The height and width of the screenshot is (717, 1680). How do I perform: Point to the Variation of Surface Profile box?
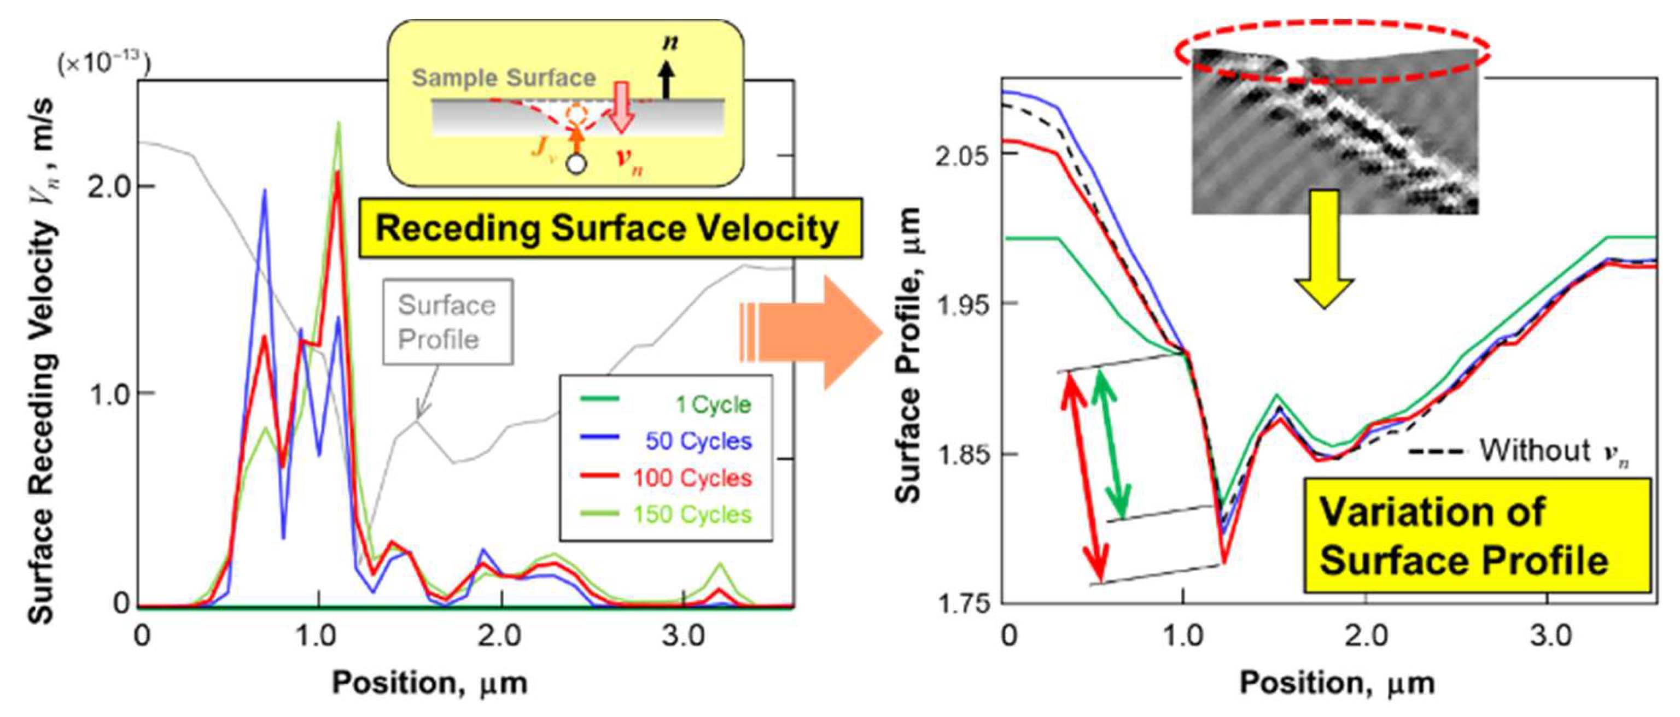click(x=1477, y=536)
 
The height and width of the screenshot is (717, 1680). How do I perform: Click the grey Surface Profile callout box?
click(x=447, y=322)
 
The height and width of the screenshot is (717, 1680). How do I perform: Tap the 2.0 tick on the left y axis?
click(x=109, y=187)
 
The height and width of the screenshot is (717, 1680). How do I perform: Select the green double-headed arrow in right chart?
click(x=1111, y=443)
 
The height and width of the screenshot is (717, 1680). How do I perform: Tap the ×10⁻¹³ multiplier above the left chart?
click(x=104, y=64)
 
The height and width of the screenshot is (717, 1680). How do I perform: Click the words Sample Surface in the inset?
click(x=504, y=78)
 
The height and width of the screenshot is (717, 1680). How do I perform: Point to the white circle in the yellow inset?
click(x=576, y=163)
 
